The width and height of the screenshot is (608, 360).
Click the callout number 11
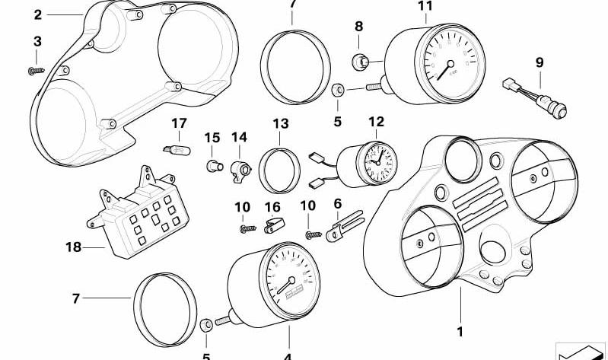pos(425,7)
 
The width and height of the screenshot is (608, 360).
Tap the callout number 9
pos(540,62)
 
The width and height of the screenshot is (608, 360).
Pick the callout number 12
pos(376,122)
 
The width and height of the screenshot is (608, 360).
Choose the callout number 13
pos(280,123)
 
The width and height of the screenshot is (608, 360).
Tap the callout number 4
pos(288,355)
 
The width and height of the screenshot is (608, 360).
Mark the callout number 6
pos(338,203)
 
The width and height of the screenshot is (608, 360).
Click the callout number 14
pos(240,137)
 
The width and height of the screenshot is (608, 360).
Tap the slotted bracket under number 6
pos(341,228)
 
